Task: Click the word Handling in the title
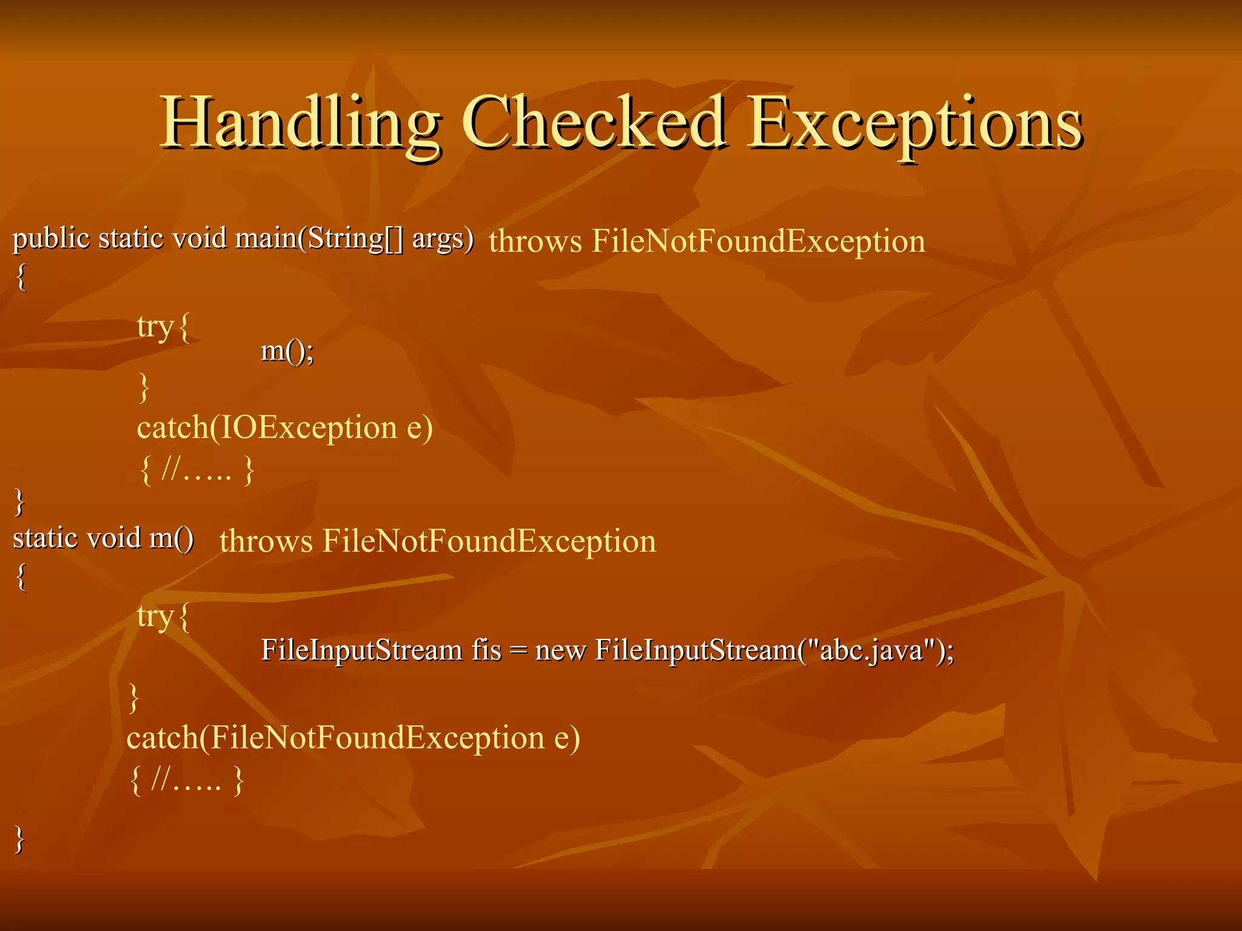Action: pos(300,124)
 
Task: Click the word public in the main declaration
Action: pos(52,239)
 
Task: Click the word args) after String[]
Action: pos(443,239)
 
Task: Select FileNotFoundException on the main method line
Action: pos(758,241)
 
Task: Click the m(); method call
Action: pos(287,351)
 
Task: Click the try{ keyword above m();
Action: pos(163,327)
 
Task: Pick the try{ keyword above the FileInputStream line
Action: pos(163,617)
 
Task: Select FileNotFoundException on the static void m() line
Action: pos(489,541)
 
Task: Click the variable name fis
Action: pos(486,650)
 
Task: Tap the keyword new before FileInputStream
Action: pos(560,650)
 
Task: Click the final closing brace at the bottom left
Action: pos(20,840)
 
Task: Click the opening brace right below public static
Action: pos(21,278)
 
